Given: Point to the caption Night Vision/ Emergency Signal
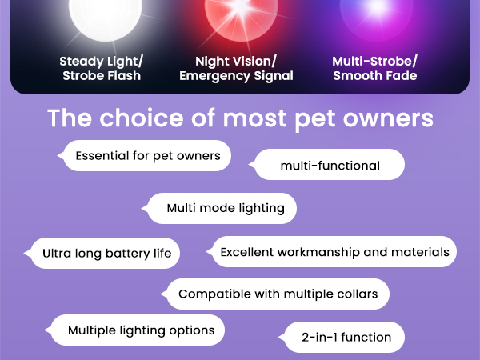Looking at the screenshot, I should click(x=236, y=69).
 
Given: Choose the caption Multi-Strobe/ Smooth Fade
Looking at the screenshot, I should click(x=374, y=69).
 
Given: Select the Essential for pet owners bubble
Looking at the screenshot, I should click(x=147, y=156).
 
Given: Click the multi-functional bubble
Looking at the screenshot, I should click(x=330, y=166).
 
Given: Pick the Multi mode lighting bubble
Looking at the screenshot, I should click(x=225, y=208).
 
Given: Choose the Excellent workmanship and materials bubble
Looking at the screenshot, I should click(x=334, y=252).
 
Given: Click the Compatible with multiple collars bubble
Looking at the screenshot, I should click(x=278, y=294).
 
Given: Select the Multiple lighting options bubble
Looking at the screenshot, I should click(x=140, y=330).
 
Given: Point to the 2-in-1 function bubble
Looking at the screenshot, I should click(x=346, y=337).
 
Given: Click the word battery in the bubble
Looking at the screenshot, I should click(x=124, y=254).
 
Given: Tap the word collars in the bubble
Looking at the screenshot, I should click(x=357, y=294).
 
